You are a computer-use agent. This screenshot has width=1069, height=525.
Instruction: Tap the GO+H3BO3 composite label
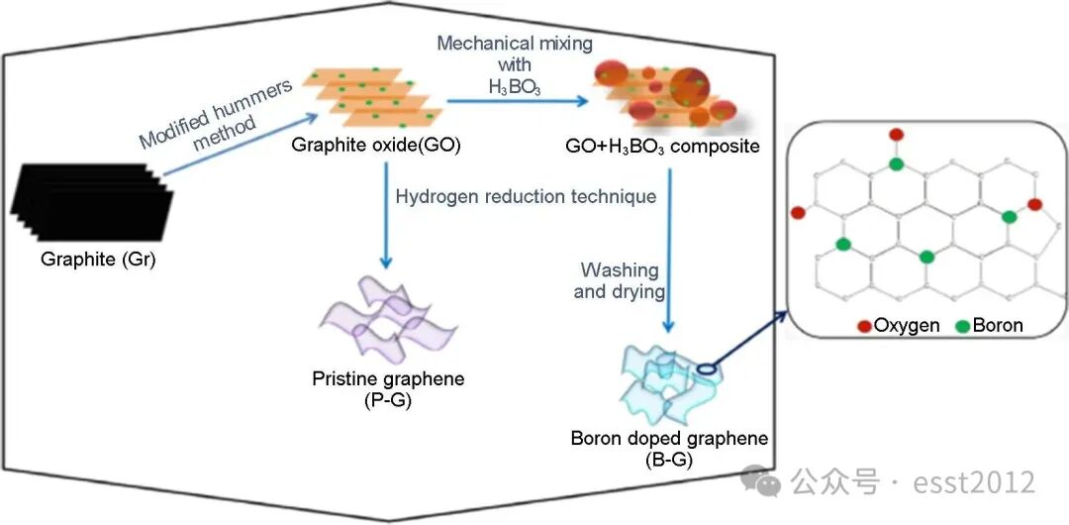tap(660, 147)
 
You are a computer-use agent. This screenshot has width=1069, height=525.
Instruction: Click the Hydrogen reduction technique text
tap(526, 196)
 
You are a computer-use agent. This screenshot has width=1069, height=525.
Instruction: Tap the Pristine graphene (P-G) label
tap(388, 387)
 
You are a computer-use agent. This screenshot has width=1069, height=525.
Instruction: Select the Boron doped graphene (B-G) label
tap(669, 447)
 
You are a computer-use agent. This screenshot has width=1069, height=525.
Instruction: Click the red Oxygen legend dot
tap(864, 325)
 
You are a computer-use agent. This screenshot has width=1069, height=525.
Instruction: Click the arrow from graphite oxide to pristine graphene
tap(385, 213)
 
